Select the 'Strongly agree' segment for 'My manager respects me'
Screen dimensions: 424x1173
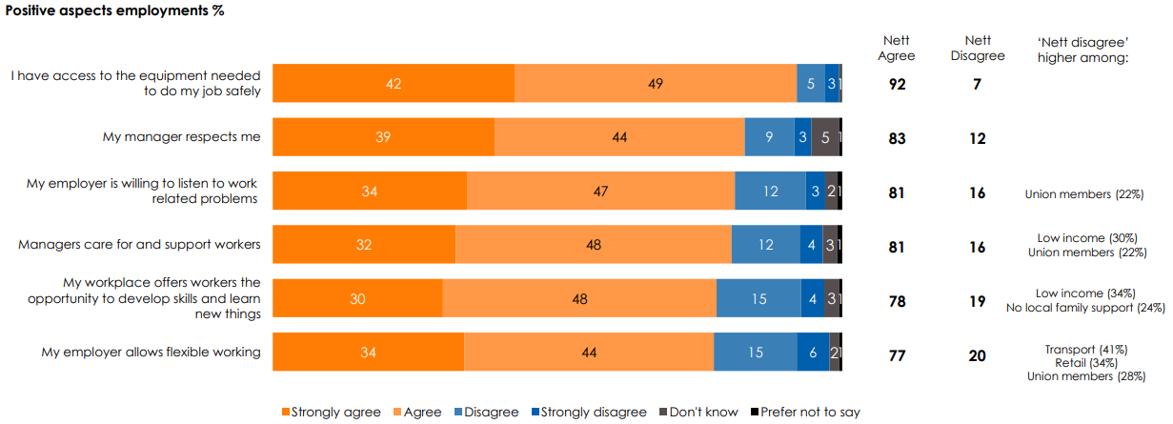pyautogui.click(x=383, y=137)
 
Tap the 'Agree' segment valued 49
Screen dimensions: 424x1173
pyautogui.click(x=656, y=84)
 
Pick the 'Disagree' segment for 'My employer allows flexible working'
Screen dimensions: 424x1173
pyautogui.click(x=755, y=352)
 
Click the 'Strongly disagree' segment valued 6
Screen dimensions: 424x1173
pyautogui.click(x=813, y=352)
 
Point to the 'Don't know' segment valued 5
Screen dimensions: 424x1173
pyautogui.click(x=825, y=137)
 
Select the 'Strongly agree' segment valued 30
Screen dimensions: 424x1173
pyautogui.click(x=357, y=298)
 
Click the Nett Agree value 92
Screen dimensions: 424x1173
pyautogui.click(x=897, y=85)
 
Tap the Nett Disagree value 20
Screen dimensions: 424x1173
pyautogui.click(x=978, y=355)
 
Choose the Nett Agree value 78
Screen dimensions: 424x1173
pyautogui.click(x=897, y=302)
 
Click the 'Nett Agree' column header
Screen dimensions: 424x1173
pyautogui.click(x=897, y=48)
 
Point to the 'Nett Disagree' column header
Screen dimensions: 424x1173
pyautogui.click(x=978, y=48)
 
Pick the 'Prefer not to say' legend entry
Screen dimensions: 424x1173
pyautogui.click(x=809, y=413)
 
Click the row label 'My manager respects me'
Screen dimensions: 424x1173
pyautogui.click(x=181, y=137)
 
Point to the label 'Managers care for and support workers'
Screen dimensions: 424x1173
pyautogui.click(x=139, y=244)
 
